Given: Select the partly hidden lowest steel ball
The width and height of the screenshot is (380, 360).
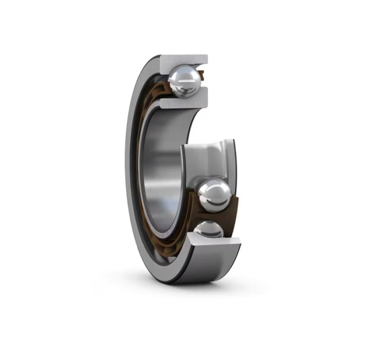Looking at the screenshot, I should pyautogui.click(x=210, y=229).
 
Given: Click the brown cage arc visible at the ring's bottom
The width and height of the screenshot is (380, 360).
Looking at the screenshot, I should pyautogui.click(x=163, y=239).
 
